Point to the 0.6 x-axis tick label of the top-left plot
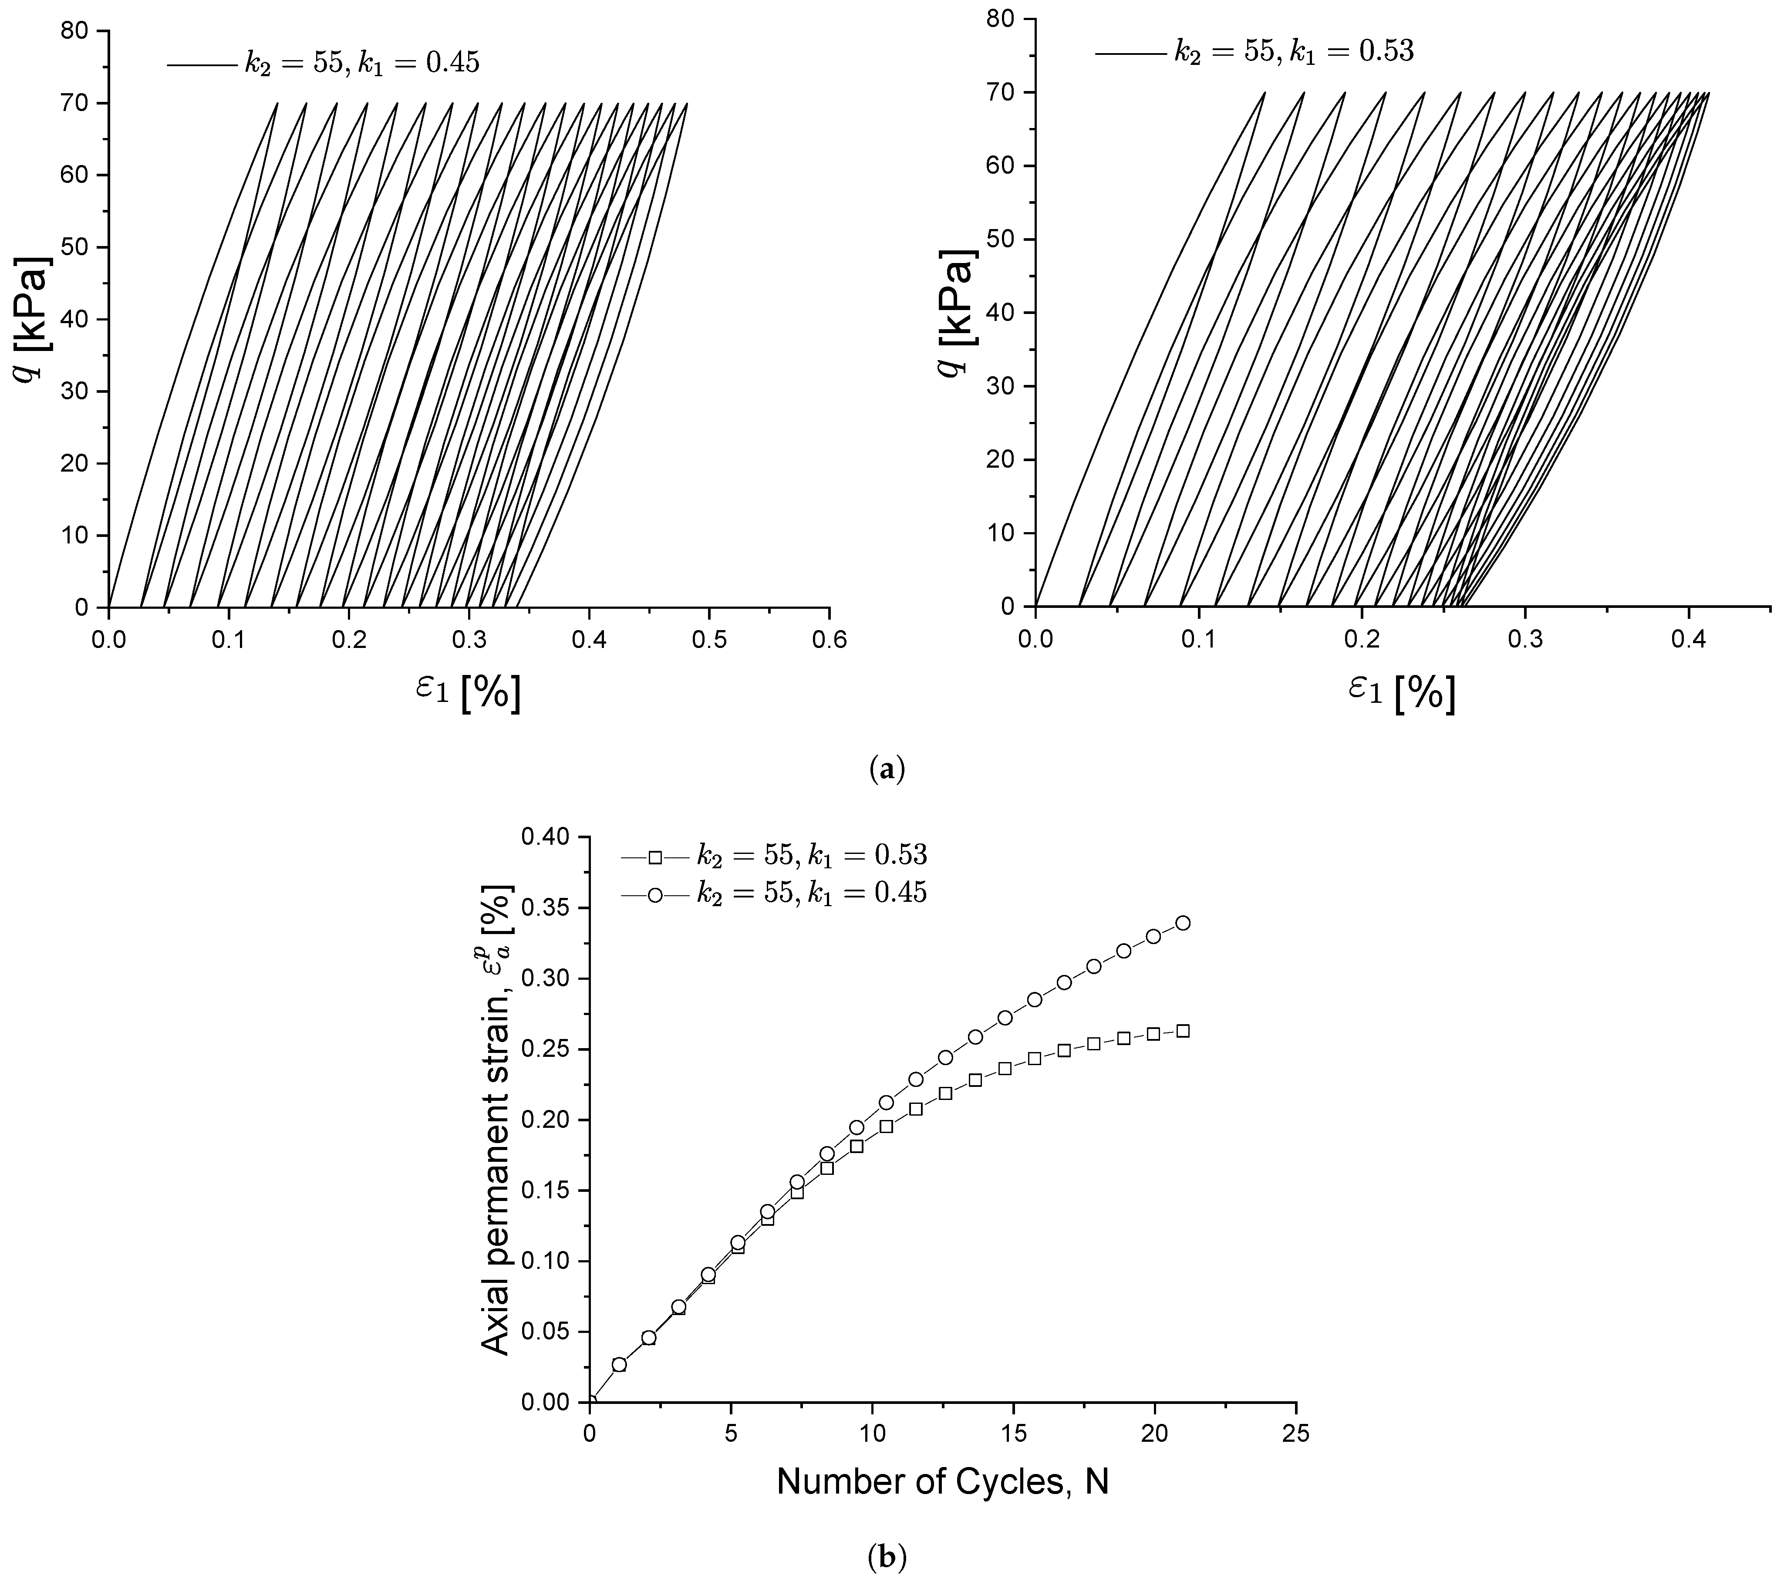tap(829, 638)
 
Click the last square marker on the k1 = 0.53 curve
tap(1183, 1031)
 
